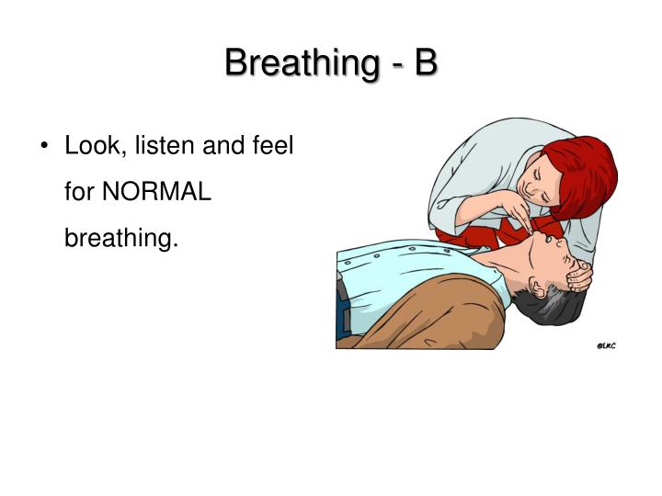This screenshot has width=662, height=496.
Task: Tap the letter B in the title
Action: pyautogui.click(x=425, y=63)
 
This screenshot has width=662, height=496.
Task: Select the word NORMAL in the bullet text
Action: pyautogui.click(x=156, y=193)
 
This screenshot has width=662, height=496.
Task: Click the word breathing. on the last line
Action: pyautogui.click(x=119, y=239)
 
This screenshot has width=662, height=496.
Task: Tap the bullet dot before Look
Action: pyautogui.click(x=46, y=147)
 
